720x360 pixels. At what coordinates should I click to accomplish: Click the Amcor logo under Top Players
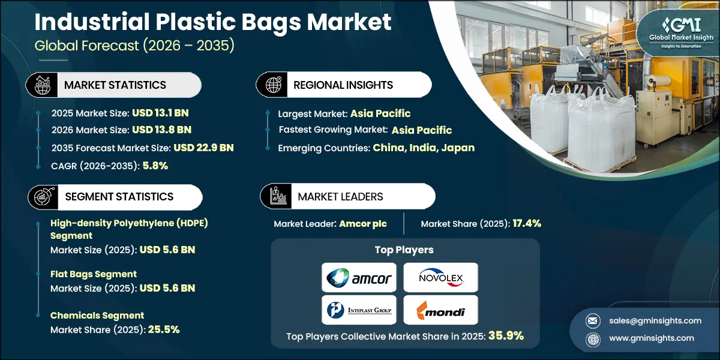(x=359, y=277)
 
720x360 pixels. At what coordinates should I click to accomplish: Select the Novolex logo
(x=440, y=277)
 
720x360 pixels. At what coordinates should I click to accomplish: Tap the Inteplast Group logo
(x=359, y=310)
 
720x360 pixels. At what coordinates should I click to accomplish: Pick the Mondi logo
(x=440, y=310)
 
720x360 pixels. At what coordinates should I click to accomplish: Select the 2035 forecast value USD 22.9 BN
(x=203, y=148)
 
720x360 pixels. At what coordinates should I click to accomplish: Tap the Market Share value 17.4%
(x=527, y=224)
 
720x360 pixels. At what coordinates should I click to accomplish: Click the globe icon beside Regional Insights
(x=272, y=85)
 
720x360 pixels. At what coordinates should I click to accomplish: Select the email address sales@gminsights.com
(x=650, y=320)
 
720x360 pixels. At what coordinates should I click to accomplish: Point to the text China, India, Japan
(x=424, y=148)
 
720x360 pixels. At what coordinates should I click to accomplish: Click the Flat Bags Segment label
(x=94, y=274)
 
